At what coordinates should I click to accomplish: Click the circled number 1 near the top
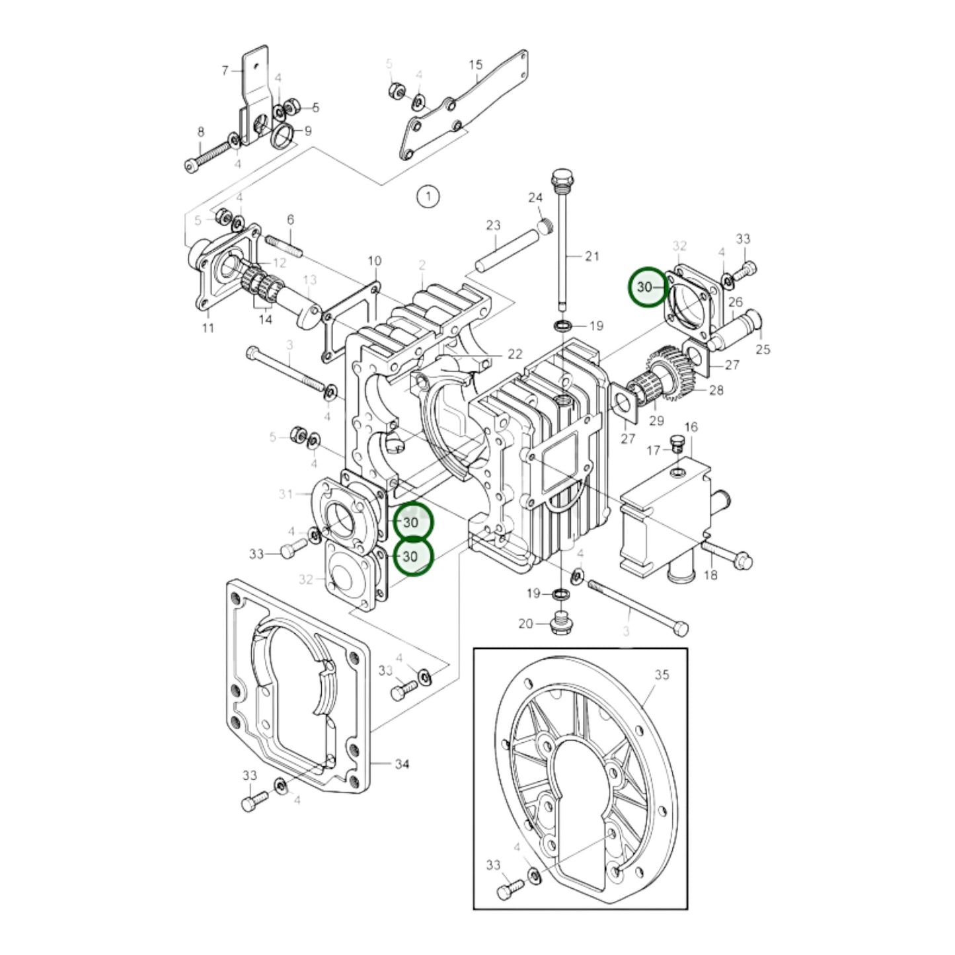click(428, 196)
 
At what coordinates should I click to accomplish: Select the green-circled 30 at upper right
click(647, 287)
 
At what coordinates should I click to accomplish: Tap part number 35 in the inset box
click(662, 674)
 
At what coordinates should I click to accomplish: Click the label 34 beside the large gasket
click(402, 764)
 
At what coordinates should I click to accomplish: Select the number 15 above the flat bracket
click(476, 65)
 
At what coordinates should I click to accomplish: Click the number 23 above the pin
click(494, 225)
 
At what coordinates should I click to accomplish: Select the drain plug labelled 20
click(560, 623)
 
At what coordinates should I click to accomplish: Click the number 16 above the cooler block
click(691, 427)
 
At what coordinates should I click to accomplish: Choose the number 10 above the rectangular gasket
click(375, 260)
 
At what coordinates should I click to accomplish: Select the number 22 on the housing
click(515, 354)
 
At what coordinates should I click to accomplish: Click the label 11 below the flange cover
click(208, 328)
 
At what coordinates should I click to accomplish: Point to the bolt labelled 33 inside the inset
click(508, 890)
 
